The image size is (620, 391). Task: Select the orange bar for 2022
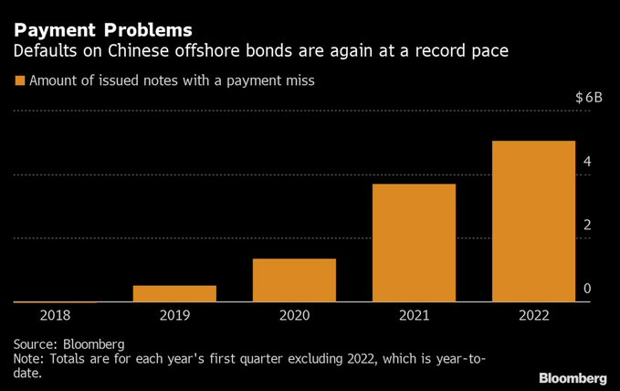(x=534, y=221)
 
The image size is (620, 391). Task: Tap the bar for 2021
(x=414, y=243)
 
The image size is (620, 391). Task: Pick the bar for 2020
(x=294, y=280)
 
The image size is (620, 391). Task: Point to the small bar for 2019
(x=174, y=293)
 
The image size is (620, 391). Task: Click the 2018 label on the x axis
(x=55, y=315)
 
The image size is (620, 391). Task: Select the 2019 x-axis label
(x=174, y=315)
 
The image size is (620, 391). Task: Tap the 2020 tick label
(x=294, y=315)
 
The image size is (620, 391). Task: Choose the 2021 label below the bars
(x=414, y=315)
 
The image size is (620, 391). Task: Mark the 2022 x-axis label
(x=534, y=315)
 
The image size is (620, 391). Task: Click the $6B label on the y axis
(x=589, y=97)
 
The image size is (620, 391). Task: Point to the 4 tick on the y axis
(x=588, y=162)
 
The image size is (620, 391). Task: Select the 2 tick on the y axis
(x=588, y=226)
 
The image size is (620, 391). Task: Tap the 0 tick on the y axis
(x=588, y=289)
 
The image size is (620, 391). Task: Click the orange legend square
(x=19, y=81)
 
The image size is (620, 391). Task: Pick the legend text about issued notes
(x=172, y=81)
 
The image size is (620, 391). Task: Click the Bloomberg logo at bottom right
(x=573, y=377)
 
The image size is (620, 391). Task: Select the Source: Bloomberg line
(x=69, y=344)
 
